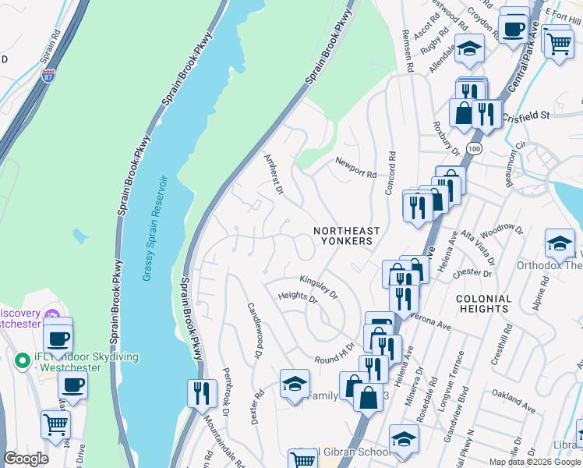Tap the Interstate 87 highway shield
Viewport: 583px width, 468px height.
[x=48, y=76]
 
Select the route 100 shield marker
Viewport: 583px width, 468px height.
[x=472, y=148]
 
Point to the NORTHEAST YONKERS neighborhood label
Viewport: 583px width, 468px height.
[x=347, y=236]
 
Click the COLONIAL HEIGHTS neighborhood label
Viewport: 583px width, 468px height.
[x=483, y=303]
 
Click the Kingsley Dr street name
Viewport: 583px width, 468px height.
[x=319, y=286]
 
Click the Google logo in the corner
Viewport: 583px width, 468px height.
[x=26, y=459]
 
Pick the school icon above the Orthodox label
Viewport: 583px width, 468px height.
[x=560, y=243]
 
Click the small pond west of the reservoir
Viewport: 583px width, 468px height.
[x=79, y=235]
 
